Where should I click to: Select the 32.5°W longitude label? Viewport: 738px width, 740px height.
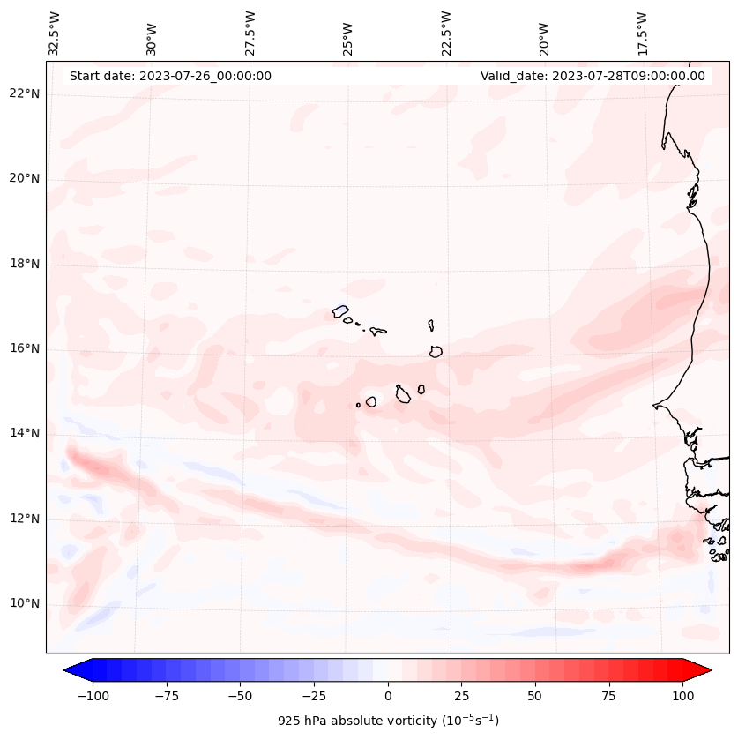[x=55, y=33]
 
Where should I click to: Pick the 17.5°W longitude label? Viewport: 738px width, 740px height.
[x=642, y=33]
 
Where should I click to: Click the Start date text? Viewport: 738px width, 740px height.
[x=170, y=76]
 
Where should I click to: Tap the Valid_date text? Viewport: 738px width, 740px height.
[x=593, y=76]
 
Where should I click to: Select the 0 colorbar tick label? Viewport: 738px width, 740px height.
[x=388, y=696]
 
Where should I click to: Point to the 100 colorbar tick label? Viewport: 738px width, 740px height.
[x=683, y=696]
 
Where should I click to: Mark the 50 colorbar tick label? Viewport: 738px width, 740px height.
[x=535, y=696]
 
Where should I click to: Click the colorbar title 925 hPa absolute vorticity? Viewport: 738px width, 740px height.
[x=388, y=721]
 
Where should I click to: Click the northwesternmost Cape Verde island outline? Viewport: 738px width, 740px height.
[x=340, y=311]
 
